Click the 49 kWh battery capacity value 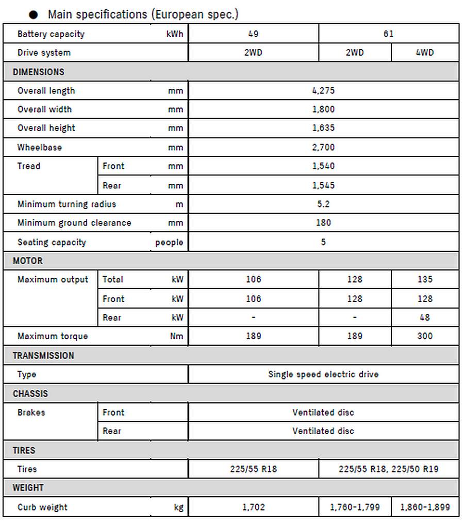click(x=253, y=34)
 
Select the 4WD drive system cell click(x=424, y=53)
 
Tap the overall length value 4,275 click(x=323, y=91)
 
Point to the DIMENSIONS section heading click(x=39, y=72)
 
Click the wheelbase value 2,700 click(x=323, y=148)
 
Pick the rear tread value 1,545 click(x=323, y=185)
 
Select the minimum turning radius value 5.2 click(x=323, y=204)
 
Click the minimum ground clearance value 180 click(x=323, y=223)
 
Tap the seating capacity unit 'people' click(x=169, y=243)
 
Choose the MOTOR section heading click(x=28, y=261)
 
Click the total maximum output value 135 click(x=424, y=280)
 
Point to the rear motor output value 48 click(x=424, y=317)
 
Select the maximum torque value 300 click(x=424, y=336)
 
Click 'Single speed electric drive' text click(x=323, y=374)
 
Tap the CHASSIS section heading click(x=30, y=393)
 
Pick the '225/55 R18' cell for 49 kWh click(x=253, y=469)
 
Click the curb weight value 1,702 click(x=253, y=507)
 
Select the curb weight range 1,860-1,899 click(x=424, y=507)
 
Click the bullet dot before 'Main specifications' click(x=34, y=15)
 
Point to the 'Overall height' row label click(x=46, y=128)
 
